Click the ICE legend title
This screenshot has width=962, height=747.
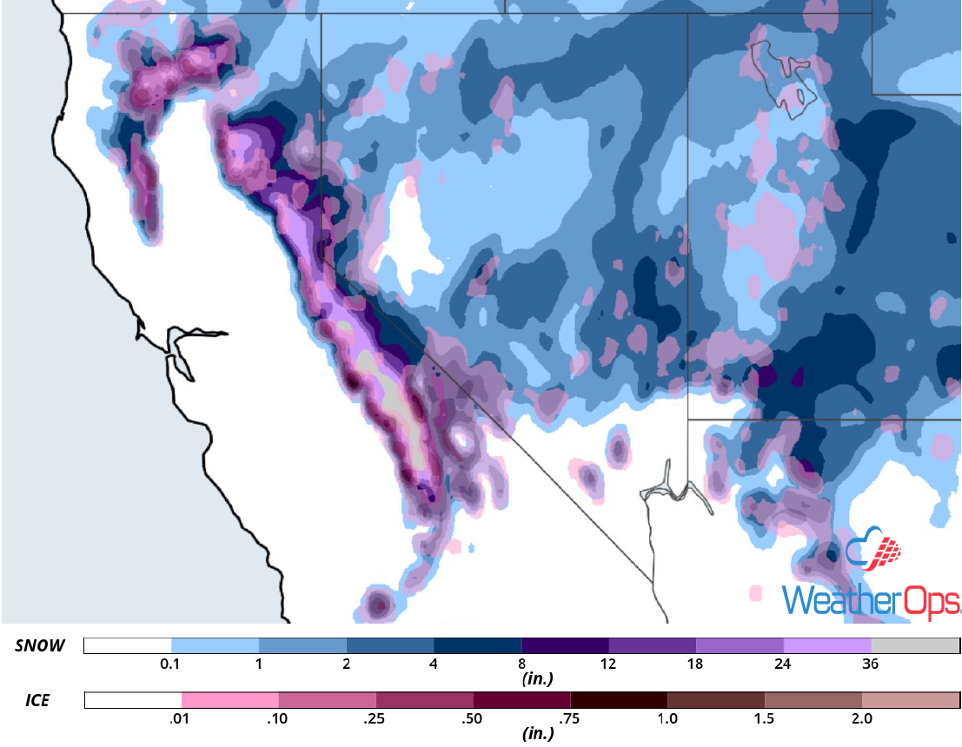pyautogui.click(x=37, y=700)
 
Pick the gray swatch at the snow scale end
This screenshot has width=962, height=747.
pyautogui.click(x=914, y=645)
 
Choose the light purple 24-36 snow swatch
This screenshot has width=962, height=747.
pyautogui.click(x=827, y=645)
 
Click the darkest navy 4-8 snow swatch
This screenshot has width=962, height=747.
pyautogui.click(x=477, y=645)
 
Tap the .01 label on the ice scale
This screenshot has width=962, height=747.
pyautogui.click(x=182, y=719)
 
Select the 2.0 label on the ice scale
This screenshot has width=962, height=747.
pyautogui.click(x=861, y=719)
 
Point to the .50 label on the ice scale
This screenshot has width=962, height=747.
pyautogui.click(x=473, y=719)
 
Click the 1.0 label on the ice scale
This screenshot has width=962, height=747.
pyautogui.click(x=667, y=719)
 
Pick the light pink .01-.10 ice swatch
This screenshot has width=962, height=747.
pyautogui.click(x=230, y=700)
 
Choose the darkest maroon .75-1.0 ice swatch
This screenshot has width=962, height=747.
pyautogui.click(x=619, y=700)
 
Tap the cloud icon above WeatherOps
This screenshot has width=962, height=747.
pyautogui.click(x=873, y=552)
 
